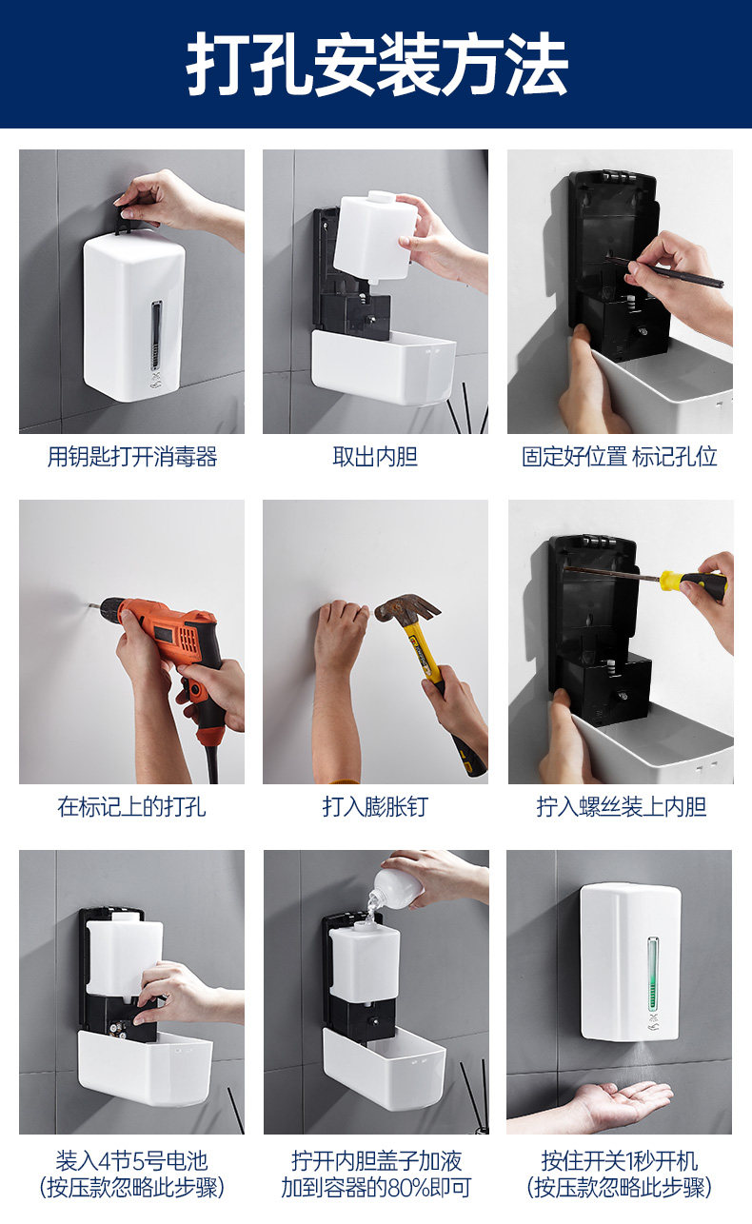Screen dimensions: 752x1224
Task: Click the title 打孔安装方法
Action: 377,64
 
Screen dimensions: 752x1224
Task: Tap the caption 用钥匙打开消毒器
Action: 132,457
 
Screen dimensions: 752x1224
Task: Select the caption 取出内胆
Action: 375,457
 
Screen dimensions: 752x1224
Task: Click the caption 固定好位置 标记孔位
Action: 619,457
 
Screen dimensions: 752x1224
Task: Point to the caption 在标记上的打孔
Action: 131,806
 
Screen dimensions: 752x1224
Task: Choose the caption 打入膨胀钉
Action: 375,806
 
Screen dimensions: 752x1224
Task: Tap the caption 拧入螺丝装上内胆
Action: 622,806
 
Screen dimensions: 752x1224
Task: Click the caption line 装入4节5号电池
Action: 131,1161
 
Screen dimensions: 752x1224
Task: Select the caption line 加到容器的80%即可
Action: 376,1188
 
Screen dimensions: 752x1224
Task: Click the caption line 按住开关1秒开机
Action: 619,1161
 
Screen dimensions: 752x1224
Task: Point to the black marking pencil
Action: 664,271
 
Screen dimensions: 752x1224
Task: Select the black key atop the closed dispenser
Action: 126,220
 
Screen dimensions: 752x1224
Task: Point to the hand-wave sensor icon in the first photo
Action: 157,381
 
